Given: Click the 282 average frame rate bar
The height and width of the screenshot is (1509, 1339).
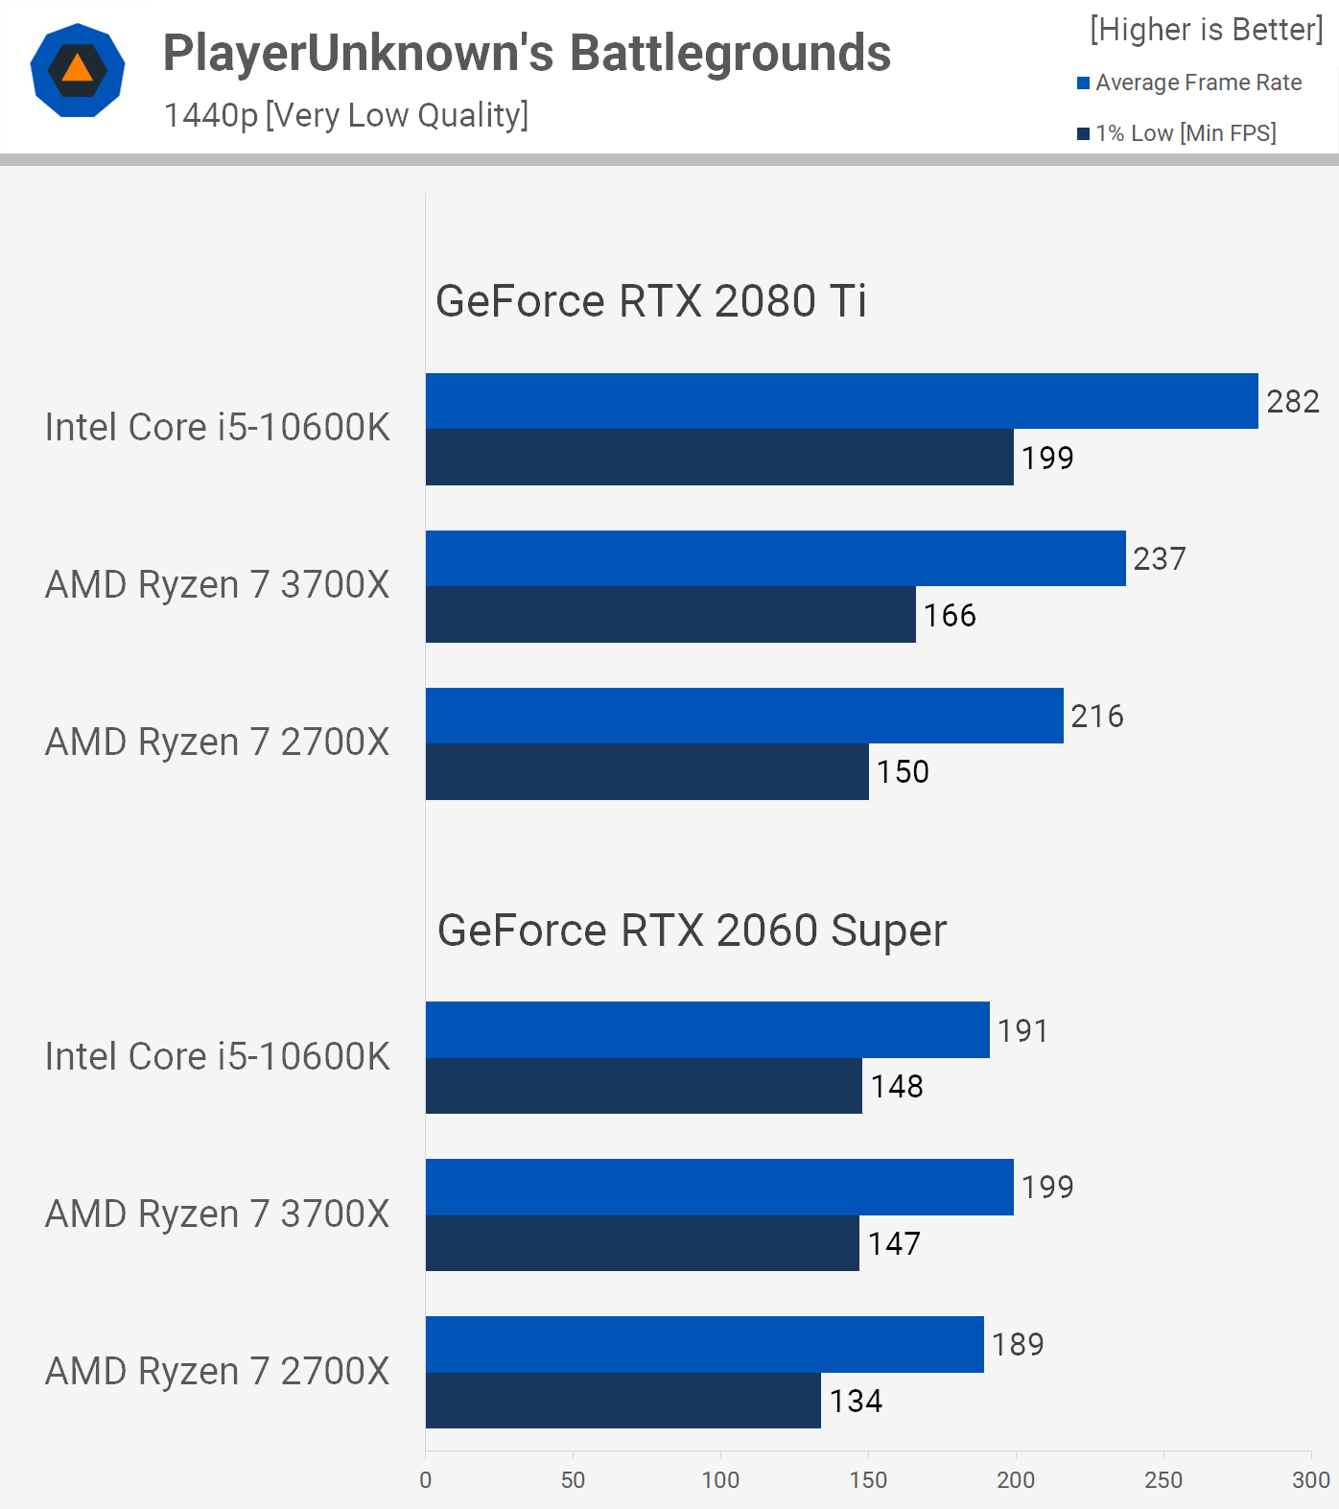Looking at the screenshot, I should [x=841, y=401].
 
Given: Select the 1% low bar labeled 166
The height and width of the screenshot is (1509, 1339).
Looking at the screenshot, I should [x=670, y=615].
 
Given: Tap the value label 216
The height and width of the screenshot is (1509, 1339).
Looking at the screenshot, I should [x=1097, y=716].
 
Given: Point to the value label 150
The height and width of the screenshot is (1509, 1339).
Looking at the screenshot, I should [x=903, y=771].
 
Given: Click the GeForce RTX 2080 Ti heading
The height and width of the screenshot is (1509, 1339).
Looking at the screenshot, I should [x=651, y=301].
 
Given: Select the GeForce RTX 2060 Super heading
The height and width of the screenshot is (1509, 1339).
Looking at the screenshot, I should [x=692, y=931].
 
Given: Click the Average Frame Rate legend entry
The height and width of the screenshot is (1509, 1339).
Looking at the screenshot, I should [x=1198, y=83].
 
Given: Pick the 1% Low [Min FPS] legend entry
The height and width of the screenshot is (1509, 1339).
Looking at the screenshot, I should [x=1186, y=133].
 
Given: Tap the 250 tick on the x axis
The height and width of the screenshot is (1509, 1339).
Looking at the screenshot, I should [x=1163, y=1480].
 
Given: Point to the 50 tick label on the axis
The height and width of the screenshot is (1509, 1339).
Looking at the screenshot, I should [x=573, y=1480].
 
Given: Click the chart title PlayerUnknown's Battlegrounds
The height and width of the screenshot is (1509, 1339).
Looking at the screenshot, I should [x=527, y=53].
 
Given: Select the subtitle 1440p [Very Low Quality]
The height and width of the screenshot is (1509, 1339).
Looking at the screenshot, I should [x=346, y=115].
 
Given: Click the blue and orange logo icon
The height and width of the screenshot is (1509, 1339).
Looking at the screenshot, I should [x=78, y=70].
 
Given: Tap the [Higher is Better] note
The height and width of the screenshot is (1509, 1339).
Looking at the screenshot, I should [x=1207, y=30].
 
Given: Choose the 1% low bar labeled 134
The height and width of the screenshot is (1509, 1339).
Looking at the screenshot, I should [x=623, y=1401].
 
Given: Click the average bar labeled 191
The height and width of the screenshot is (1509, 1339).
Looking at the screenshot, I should [x=707, y=1030].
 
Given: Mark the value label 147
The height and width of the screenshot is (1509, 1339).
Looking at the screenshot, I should [x=894, y=1243].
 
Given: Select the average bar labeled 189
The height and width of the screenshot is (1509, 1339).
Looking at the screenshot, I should [x=704, y=1344].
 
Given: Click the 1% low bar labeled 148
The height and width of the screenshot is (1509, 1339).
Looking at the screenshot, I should [x=644, y=1086].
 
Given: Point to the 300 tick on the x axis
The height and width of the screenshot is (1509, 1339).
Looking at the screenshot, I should [x=1310, y=1480].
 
